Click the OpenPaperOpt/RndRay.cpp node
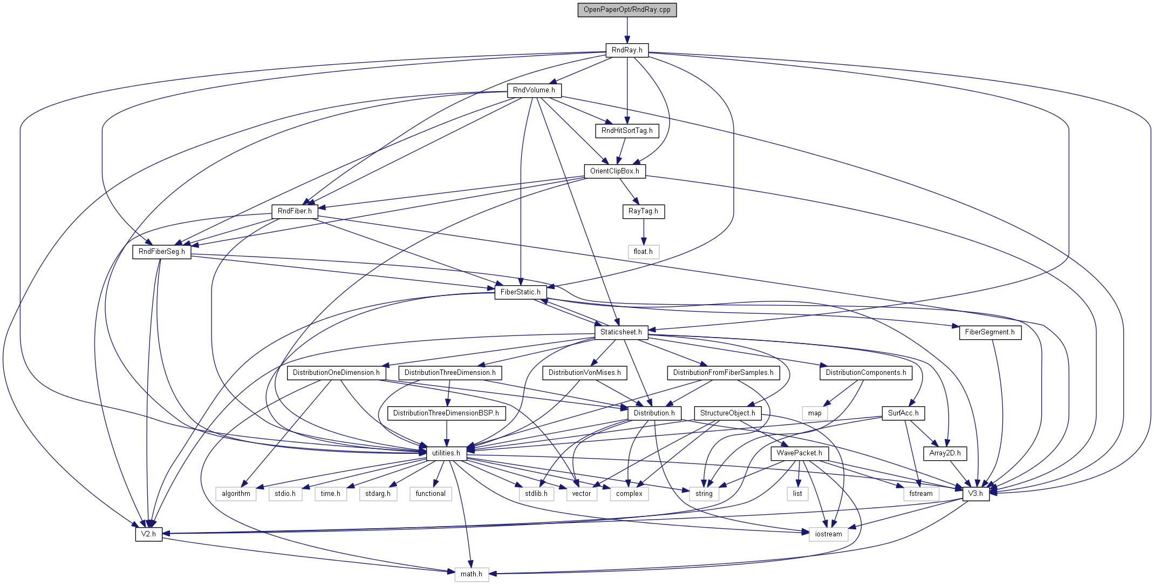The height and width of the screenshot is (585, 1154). pyautogui.click(x=627, y=10)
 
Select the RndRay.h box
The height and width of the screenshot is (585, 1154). pyautogui.click(x=627, y=50)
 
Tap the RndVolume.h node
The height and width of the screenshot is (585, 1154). pyautogui.click(x=534, y=90)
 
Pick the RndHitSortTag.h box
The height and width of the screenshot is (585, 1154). pyautogui.click(x=627, y=131)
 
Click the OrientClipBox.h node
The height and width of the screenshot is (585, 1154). pyautogui.click(x=614, y=171)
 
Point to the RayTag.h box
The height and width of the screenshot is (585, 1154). pyautogui.click(x=643, y=211)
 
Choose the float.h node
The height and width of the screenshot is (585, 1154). pyautogui.click(x=643, y=252)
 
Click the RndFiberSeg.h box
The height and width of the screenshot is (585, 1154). pyautogui.click(x=162, y=252)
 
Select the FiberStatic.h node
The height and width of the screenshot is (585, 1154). pyautogui.click(x=520, y=292)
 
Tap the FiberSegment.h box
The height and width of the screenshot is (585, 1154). pyautogui.click(x=989, y=332)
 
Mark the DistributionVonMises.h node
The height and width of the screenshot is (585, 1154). pyautogui.click(x=584, y=373)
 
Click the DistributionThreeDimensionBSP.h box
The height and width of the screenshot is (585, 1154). pyautogui.click(x=446, y=413)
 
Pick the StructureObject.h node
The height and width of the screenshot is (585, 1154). pyautogui.click(x=727, y=413)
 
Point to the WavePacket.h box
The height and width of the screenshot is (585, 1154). pyautogui.click(x=799, y=453)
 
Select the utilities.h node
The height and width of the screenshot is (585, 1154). pyautogui.click(x=446, y=453)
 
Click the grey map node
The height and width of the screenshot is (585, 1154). pyautogui.click(x=815, y=413)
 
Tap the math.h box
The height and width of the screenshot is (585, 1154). pyautogui.click(x=471, y=574)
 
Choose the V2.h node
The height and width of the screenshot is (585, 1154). pyautogui.click(x=148, y=534)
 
